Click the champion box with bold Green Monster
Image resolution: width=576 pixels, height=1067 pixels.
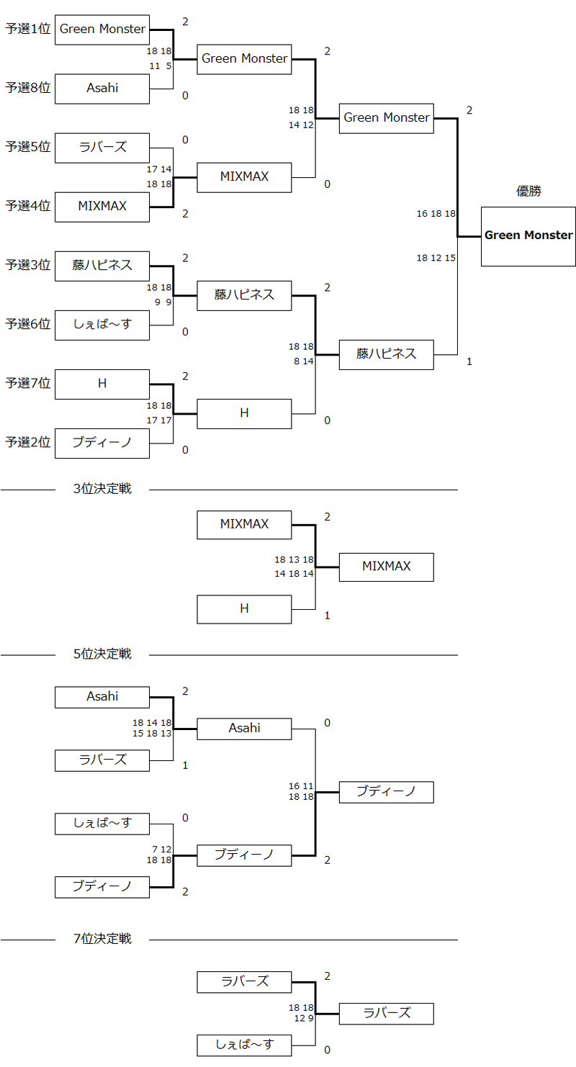point(528,236)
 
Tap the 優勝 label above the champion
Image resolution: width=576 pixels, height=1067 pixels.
point(528,192)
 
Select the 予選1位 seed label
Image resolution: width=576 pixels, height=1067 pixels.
point(28,30)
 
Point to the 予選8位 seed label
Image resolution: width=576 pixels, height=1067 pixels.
point(28,88)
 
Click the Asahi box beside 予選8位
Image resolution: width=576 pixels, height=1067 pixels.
point(102,88)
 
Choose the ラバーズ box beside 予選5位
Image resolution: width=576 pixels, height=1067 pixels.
point(102,147)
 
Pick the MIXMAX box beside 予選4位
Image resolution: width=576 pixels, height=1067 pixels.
point(102,206)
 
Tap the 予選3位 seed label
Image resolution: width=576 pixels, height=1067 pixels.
point(28,265)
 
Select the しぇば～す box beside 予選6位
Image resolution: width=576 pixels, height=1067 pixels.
point(102,324)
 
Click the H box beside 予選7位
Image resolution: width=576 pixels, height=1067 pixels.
point(102,384)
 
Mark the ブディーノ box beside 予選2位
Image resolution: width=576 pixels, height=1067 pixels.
point(102,442)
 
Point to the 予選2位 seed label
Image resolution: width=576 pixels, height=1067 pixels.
point(28,442)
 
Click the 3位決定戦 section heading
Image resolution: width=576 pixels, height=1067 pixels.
point(102,490)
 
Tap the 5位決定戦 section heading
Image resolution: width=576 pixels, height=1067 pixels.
point(102,654)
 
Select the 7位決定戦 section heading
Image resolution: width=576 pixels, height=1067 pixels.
point(102,939)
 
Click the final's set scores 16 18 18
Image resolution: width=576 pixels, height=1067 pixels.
point(436,214)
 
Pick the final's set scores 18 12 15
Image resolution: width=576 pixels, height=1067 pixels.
point(436,258)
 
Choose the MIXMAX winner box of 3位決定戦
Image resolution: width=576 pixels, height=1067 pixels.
point(386,567)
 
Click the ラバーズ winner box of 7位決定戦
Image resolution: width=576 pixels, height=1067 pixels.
point(386,1013)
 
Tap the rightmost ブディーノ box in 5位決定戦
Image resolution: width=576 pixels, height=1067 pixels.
point(386,792)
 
